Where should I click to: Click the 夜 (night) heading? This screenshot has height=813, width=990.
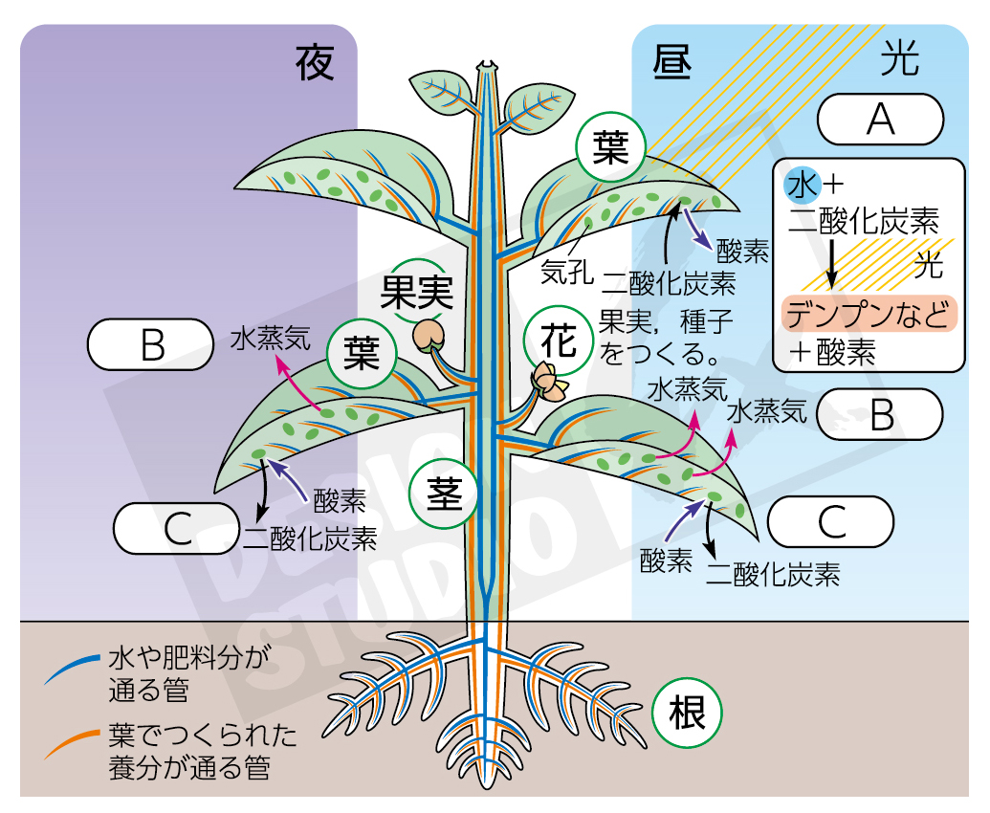click(x=315, y=62)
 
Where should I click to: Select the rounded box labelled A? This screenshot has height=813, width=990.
click(x=880, y=119)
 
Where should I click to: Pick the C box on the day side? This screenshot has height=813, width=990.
click(x=830, y=522)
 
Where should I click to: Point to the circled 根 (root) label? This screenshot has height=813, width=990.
click(x=685, y=714)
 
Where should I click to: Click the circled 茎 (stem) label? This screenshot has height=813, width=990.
click(x=443, y=494)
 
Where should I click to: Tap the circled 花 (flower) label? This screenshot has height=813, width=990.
click(x=557, y=341)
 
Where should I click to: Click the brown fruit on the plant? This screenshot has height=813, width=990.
click(x=429, y=336)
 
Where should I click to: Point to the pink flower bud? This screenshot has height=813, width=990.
click(x=550, y=381)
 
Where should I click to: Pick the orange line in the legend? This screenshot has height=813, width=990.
click(x=71, y=743)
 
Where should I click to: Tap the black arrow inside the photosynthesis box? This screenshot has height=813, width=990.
click(x=832, y=261)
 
